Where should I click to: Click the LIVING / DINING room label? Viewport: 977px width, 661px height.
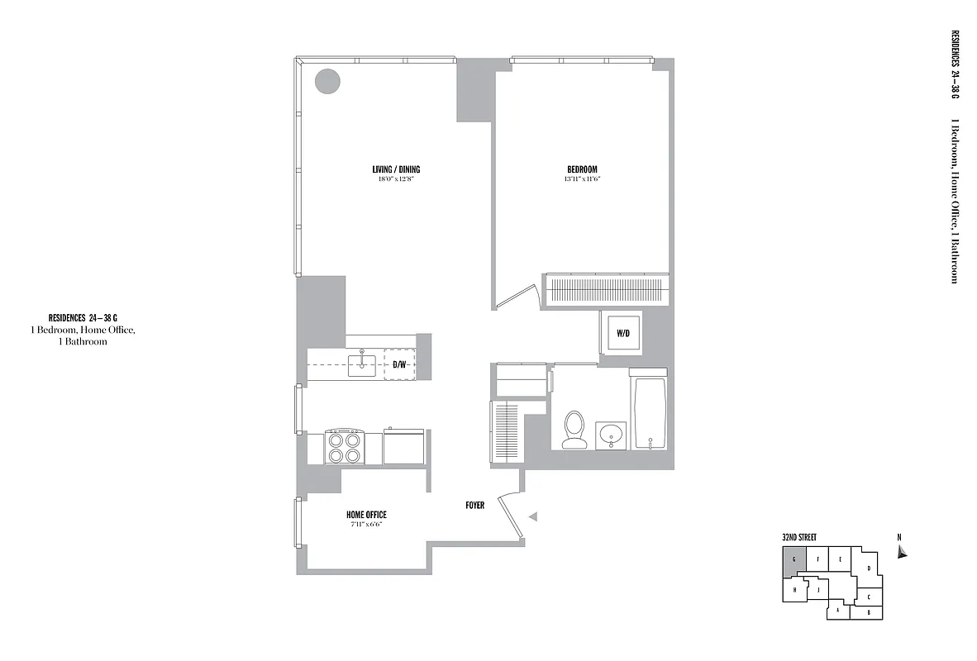pos(396,170)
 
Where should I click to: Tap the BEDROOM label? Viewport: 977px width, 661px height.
pos(581,170)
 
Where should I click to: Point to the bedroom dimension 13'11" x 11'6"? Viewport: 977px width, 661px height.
pos(581,179)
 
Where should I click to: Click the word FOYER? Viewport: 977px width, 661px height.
pos(474,505)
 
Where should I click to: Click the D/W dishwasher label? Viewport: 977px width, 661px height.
pos(399,364)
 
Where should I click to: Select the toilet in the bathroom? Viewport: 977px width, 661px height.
pos(573,430)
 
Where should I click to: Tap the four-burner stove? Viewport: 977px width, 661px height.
pos(345,447)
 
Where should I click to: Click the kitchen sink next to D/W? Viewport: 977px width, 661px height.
pos(362,364)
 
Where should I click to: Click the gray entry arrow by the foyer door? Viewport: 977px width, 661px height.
pos(533,516)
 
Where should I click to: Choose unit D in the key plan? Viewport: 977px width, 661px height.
pos(868,568)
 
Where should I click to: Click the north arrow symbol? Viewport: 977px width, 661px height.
pos(902,552)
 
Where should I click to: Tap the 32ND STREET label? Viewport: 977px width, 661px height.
pos(799,538)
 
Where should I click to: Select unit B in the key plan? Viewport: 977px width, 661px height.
pos(869,612)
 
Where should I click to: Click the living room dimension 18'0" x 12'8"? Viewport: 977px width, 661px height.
pos(396,179)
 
